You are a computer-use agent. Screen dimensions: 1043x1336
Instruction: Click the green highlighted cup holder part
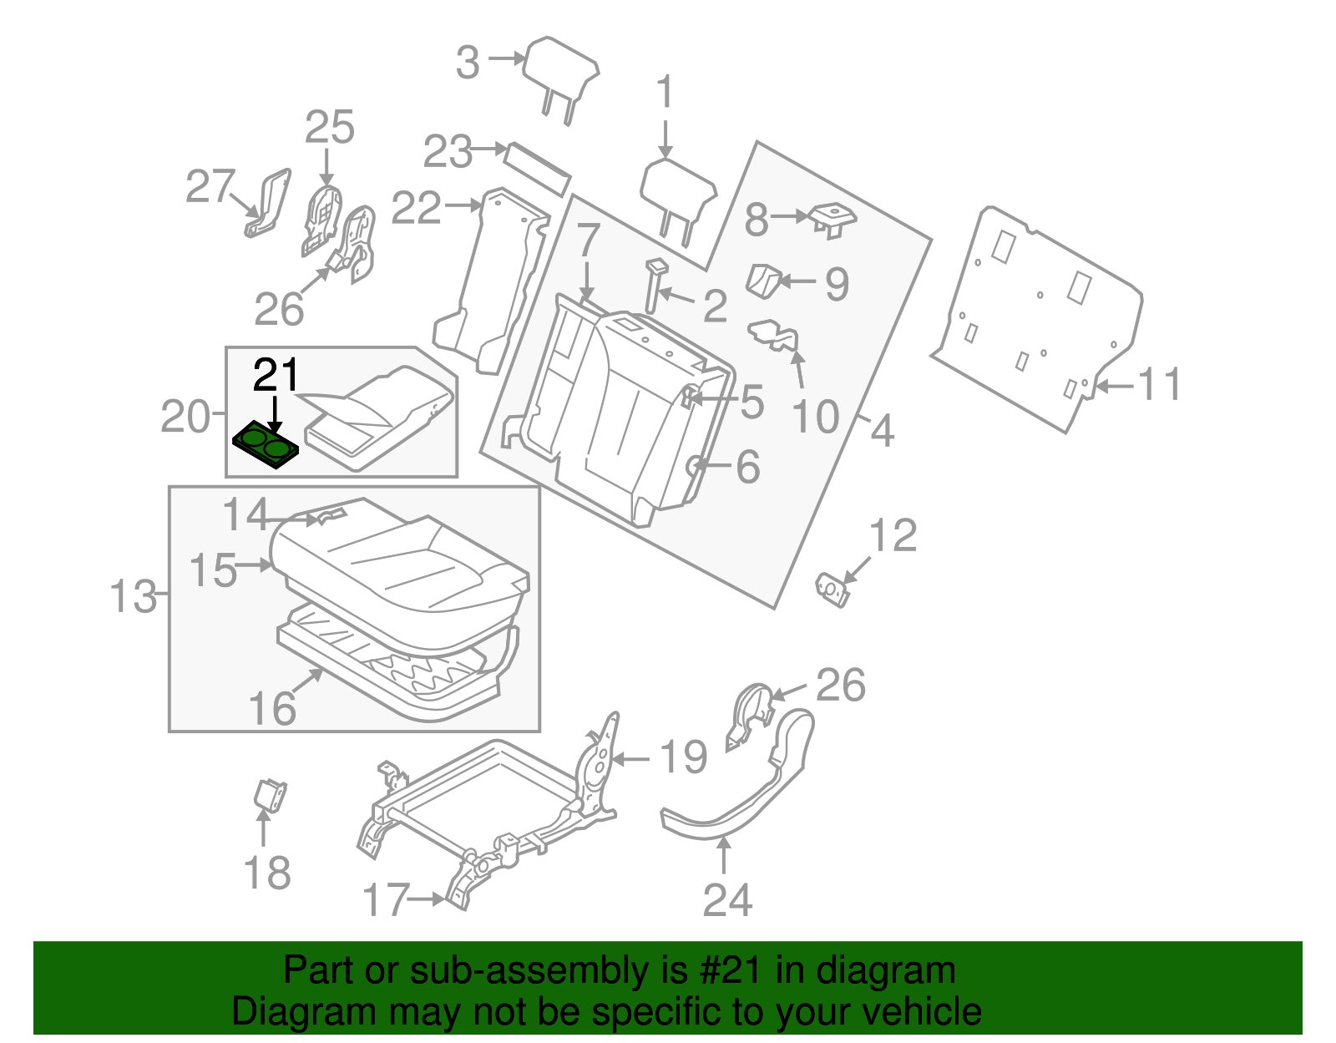265,444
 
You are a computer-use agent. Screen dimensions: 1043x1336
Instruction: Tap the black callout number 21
276,376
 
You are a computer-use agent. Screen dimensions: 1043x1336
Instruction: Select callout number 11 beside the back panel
1160,385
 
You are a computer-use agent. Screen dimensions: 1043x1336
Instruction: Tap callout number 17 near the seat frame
387,900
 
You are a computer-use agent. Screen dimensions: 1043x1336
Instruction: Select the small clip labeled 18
270,794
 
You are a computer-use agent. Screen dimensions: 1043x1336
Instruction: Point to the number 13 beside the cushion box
133,598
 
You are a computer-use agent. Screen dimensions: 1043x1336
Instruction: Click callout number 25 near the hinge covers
329,128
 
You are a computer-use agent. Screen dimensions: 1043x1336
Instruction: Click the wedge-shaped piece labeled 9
762,280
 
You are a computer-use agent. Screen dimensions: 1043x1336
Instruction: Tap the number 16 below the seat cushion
272,709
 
